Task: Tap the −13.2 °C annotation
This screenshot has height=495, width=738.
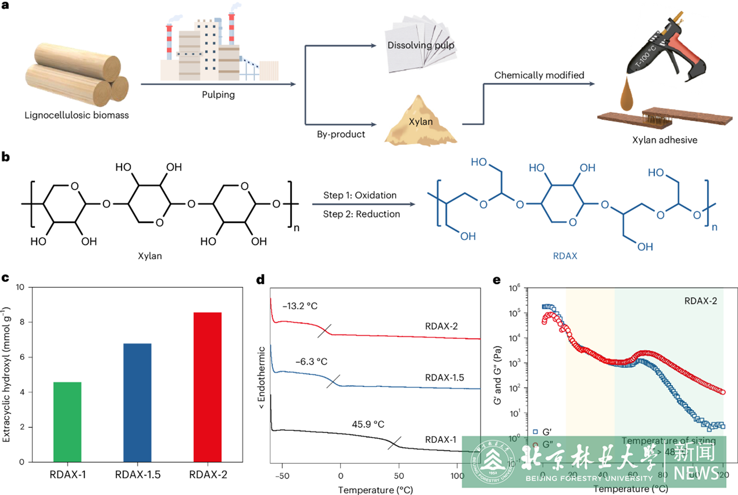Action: pos(300,306)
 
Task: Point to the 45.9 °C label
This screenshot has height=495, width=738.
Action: pos(368,424)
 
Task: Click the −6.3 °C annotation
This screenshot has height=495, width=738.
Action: pos(311,361)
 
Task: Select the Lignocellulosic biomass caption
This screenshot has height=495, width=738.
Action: pos(77,115)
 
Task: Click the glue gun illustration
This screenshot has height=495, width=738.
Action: pos(667,50)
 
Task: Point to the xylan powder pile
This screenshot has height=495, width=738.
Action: pos(420,123)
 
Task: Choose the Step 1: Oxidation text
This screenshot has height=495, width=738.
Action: pos(360,195)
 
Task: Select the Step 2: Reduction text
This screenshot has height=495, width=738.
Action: pos(361,214)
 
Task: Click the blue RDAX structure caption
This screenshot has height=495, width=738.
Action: pos(565,256)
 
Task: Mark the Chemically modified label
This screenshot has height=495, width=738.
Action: pos(539,75)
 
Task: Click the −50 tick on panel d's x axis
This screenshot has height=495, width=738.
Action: pos(282,476)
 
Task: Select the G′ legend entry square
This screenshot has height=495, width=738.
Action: pos(535,431)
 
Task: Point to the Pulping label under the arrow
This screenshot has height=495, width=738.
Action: pos(218,95)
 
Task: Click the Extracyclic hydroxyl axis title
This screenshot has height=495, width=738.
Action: pos(6,374)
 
